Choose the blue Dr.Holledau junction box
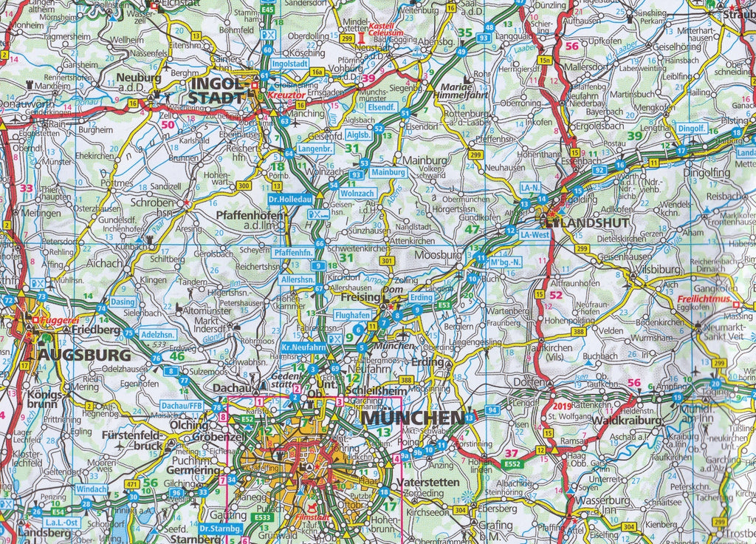(x=290, y=199)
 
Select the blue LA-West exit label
(x=535, y=234)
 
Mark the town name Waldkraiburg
(x=604, y=420)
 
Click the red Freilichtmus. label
(x=704, y=299)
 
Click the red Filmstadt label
(x=312, y=510)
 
